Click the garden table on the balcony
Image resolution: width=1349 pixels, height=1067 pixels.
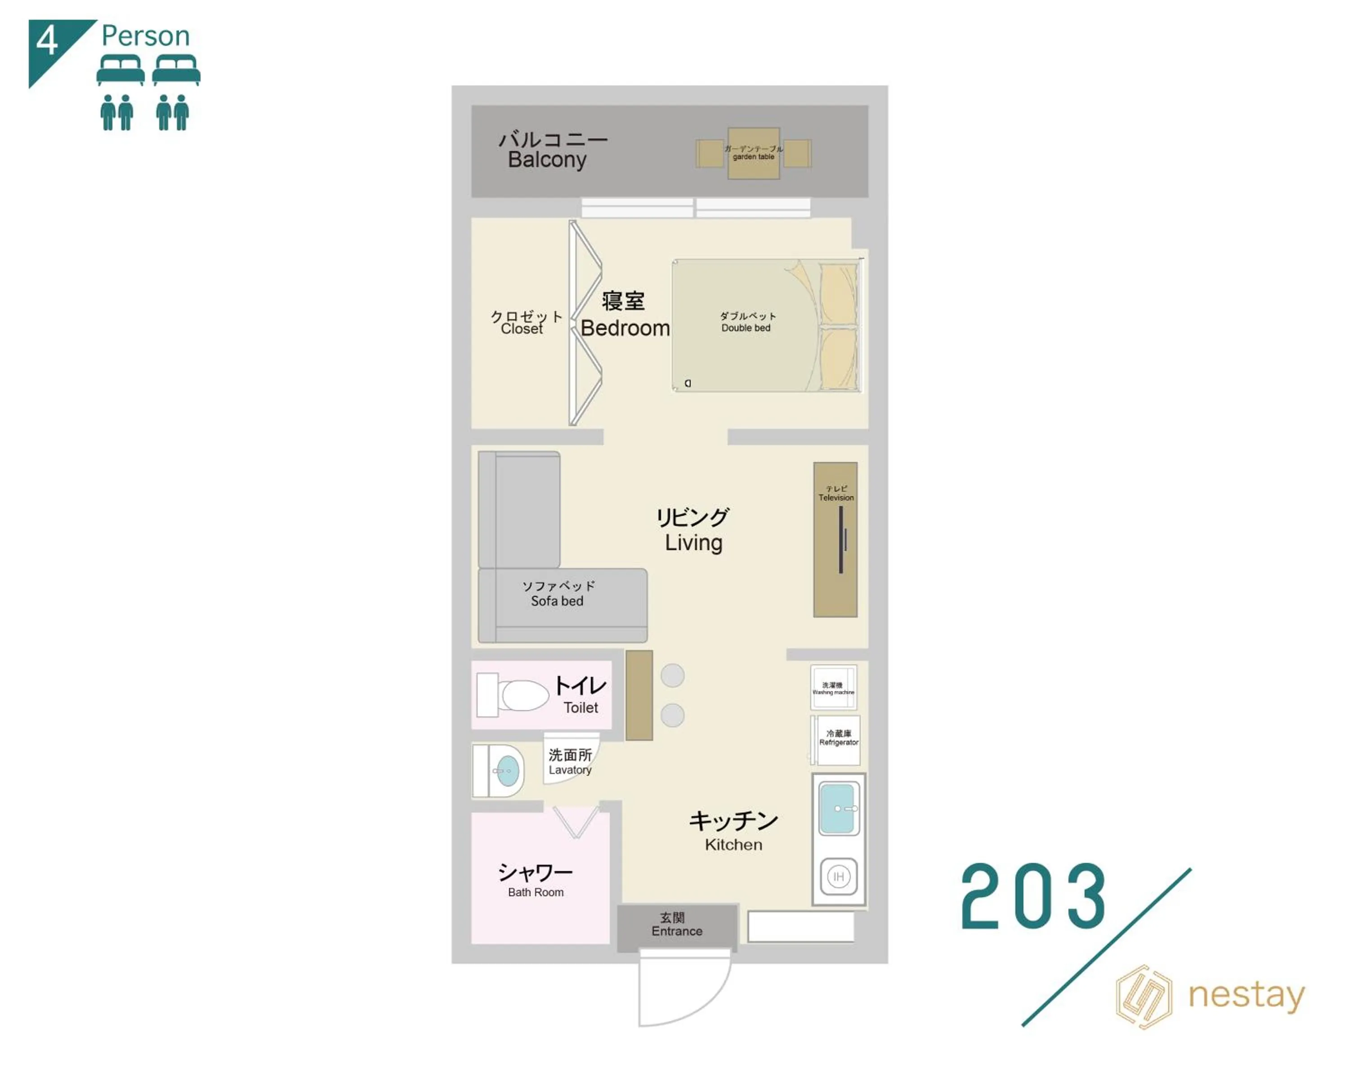(x=753, y=153)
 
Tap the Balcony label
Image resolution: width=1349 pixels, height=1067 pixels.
(x=547, y=159)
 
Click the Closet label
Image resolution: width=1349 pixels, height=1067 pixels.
(x=522, y=329)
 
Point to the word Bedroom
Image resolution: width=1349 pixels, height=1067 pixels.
(x=625, y=328)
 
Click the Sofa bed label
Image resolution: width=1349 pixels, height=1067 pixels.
(x=557, y=601)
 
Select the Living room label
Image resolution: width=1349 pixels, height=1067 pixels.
(x=693, y=542)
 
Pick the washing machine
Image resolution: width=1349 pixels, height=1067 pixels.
(x=833, y=687)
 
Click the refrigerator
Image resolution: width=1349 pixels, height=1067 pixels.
(x=838, y=740)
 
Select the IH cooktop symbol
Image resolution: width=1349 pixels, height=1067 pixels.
(x=838, y=876)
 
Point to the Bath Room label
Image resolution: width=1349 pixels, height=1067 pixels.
(x=536, y=892)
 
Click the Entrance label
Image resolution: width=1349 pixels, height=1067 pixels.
(x=677, y=931)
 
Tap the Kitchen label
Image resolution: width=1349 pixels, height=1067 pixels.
(x=733, y=845)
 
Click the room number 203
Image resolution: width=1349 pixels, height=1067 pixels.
(x=1032, y=897)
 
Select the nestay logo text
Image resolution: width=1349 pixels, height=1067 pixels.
(x=1246, y=995)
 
